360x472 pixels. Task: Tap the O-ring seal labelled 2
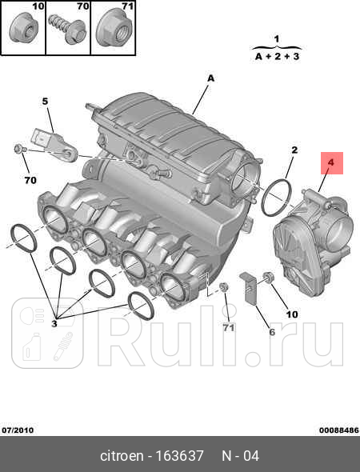click(x=276, y=197)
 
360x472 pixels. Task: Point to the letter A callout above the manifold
click(x=211, y=78)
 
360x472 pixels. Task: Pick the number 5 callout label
click(x=46, y=102)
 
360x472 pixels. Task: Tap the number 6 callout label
click(x=270, y=332)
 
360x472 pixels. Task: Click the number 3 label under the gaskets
click(x=54, y=323)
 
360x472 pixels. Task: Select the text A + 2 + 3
click(x=277, y=57)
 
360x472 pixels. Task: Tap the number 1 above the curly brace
click(x=277, y=38)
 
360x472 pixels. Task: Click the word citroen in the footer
click(x=124, y=456)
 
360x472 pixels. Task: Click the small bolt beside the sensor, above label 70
click(x=20, y=149)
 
